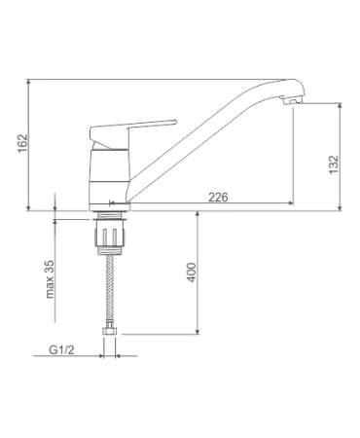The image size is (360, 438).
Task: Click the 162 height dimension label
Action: (x=23, y=143)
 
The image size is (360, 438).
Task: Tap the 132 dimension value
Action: (x=334, y=164)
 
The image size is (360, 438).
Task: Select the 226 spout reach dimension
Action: (x=218, y=197)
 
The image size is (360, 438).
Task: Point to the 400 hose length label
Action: (x=192, y=272)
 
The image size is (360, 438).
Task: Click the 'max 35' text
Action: (x=50, y=279)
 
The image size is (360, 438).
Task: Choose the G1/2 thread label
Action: (x=61, y=349)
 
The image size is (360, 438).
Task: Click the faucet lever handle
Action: (x=133, y=133)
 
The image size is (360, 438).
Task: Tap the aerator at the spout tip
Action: (x=292, y=100)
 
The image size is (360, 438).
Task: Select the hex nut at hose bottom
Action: (x=110, y=331)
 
